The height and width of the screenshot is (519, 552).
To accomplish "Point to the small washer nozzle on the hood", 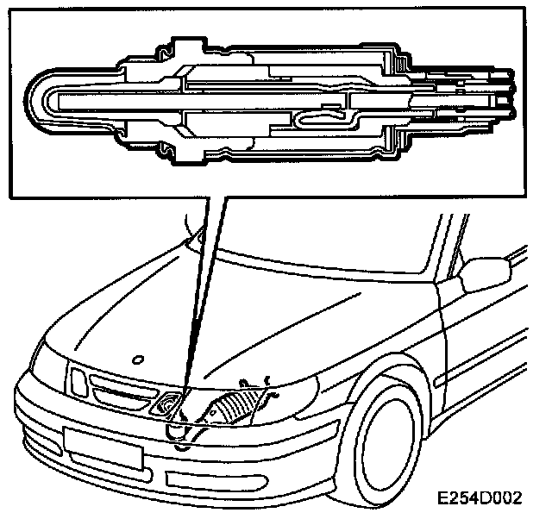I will [x=137, y=357].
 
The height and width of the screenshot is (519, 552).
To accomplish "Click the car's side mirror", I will [x=476, y=277].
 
